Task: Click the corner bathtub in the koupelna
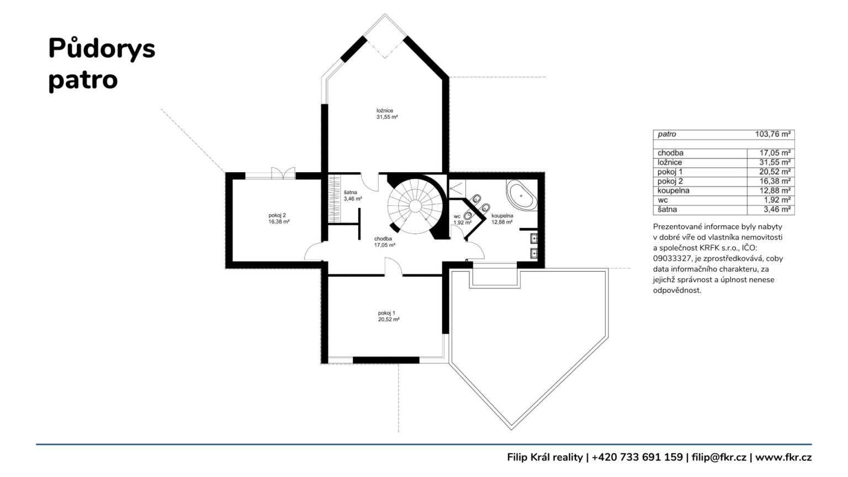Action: [522, 196]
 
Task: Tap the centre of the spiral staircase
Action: [415, 206]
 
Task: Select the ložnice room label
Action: [385, 110]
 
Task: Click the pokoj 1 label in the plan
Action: [386, 313]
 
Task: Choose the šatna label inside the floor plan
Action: [350, 192]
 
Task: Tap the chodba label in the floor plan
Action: [383, 239]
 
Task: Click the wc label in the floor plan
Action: [457, 216]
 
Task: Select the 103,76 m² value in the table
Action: [773, 134]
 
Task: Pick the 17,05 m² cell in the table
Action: [775, 153]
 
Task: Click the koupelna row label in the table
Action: [674, 190]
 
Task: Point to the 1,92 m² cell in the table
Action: [777, 200]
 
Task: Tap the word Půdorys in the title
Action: [102, 49]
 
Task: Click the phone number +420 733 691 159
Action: [637, 457]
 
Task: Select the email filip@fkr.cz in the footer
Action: [719, 457]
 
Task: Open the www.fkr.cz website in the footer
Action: [783, 457]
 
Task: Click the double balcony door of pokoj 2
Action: [283, 173]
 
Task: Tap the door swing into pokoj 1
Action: [394, 267]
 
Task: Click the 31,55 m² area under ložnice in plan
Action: [387, 117]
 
